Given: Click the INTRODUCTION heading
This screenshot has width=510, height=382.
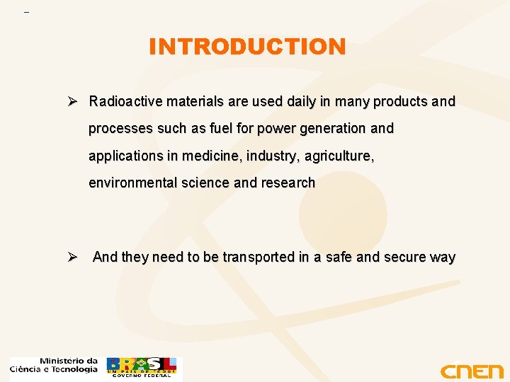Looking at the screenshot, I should pyautogui.click(x=247, y=47).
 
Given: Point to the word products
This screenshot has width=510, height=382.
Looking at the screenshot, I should pyautogui.click(x=400, y=102).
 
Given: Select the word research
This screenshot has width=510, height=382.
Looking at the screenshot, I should pyautogui.click(x=288, y=183).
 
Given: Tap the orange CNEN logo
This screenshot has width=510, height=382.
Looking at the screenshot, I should pyautogui.click(x=471, y=371).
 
